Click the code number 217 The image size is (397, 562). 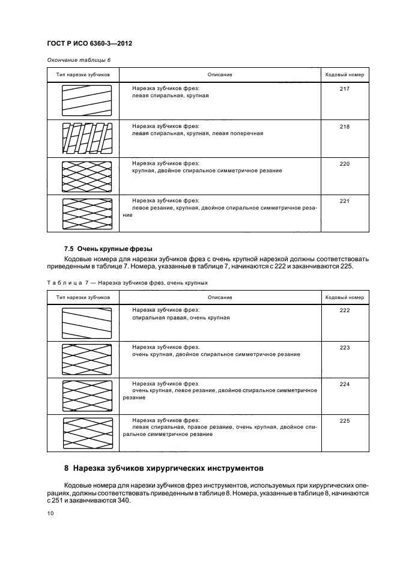(344, 89)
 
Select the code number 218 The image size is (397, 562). (344, 127)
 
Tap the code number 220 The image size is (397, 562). (344, 164)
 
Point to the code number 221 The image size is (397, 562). (344, 201)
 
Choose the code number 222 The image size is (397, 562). (344, 310)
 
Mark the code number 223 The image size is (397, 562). (344, 348)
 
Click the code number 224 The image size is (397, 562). (344, 384)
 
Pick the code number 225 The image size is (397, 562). (344, 421)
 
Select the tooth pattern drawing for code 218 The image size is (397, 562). (86, 139)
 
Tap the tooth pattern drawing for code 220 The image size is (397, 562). (86, 176)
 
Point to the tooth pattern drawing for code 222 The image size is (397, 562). (86, 323)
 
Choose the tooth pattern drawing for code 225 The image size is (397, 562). (86, 433)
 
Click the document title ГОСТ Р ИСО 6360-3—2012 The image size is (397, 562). (89, 44)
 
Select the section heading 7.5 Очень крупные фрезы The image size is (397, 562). (108, 249)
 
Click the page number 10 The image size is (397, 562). (50, 513)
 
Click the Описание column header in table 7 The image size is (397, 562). (220, 297)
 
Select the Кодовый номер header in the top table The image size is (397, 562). (344, 75)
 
